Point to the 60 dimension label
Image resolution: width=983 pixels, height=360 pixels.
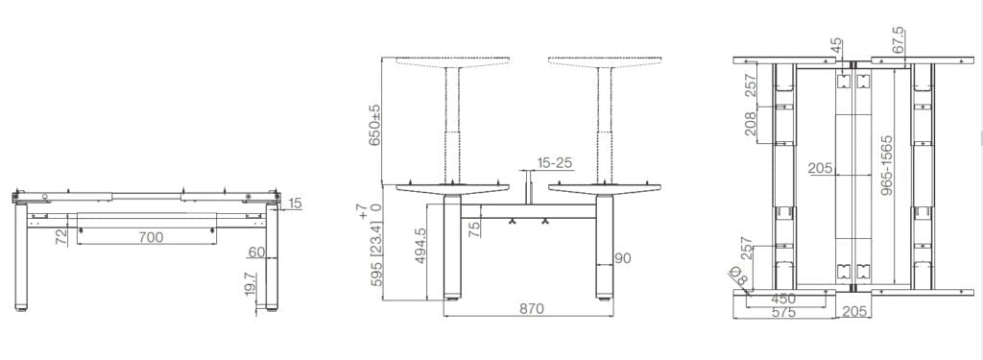pyautogui.click(x=255, y=252)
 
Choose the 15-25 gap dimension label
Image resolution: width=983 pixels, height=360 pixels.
pyautogui.click(x=555, y=162)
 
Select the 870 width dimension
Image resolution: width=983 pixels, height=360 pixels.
pyautogui.click(x=532, y=309)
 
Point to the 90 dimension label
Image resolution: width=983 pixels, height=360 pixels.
pyautogui.click(x=623, y=257)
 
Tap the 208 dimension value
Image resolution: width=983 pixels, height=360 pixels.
pyautogui.click(x=751, y=123)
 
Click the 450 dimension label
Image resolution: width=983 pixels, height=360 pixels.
pyautogui.click(x=784, y=298)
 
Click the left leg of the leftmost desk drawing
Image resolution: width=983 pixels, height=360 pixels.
pyautogui.click(x=20, y=254)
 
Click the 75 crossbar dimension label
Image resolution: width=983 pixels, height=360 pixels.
pyautogui.click(x=474, y=228)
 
